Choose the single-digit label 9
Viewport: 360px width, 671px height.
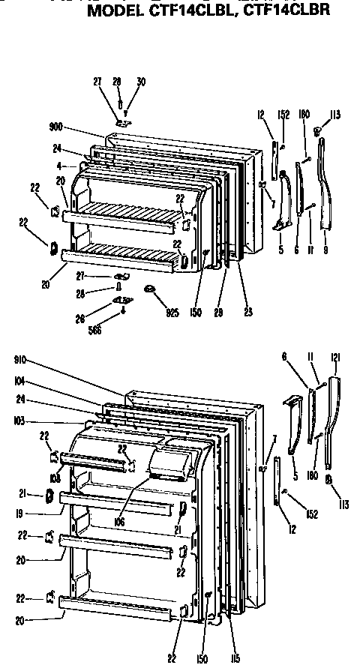tap(326, 250)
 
